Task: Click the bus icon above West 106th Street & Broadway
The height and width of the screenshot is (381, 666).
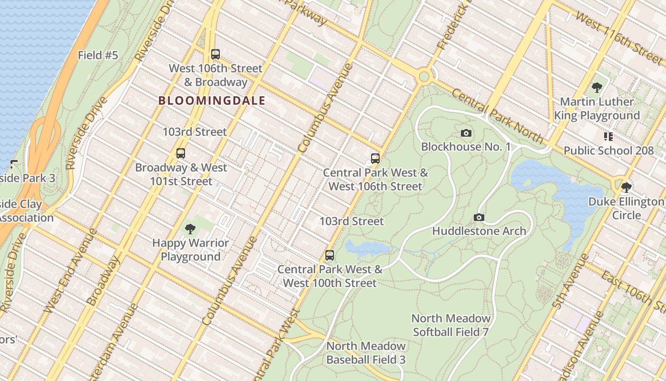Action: click(215, 54)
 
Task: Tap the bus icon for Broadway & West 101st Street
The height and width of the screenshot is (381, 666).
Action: click(181, 153)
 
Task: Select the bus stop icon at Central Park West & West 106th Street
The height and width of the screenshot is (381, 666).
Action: click(375, 159)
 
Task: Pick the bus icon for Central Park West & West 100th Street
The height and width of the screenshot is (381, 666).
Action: click(330, 255)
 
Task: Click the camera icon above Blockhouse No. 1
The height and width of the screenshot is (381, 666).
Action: click(466, 133)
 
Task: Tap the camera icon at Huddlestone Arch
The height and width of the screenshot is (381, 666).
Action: click(479, 218)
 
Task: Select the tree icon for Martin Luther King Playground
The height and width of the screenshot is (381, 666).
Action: click(597, 88)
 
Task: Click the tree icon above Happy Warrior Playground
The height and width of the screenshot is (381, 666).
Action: click(190, 229)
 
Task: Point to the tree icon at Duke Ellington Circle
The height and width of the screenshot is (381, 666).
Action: click(627, 188)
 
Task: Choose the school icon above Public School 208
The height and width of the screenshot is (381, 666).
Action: click(608, 137)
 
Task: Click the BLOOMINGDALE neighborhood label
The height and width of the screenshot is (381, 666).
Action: click(212, 101)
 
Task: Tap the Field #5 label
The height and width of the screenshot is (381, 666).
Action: click(98, 55)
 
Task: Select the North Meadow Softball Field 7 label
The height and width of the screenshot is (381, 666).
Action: click(451, 325)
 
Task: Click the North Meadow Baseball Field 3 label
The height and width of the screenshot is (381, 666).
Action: click(366, 353)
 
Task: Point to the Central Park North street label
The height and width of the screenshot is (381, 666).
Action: click(497, 116)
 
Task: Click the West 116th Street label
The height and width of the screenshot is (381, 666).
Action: click(618, 37)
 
